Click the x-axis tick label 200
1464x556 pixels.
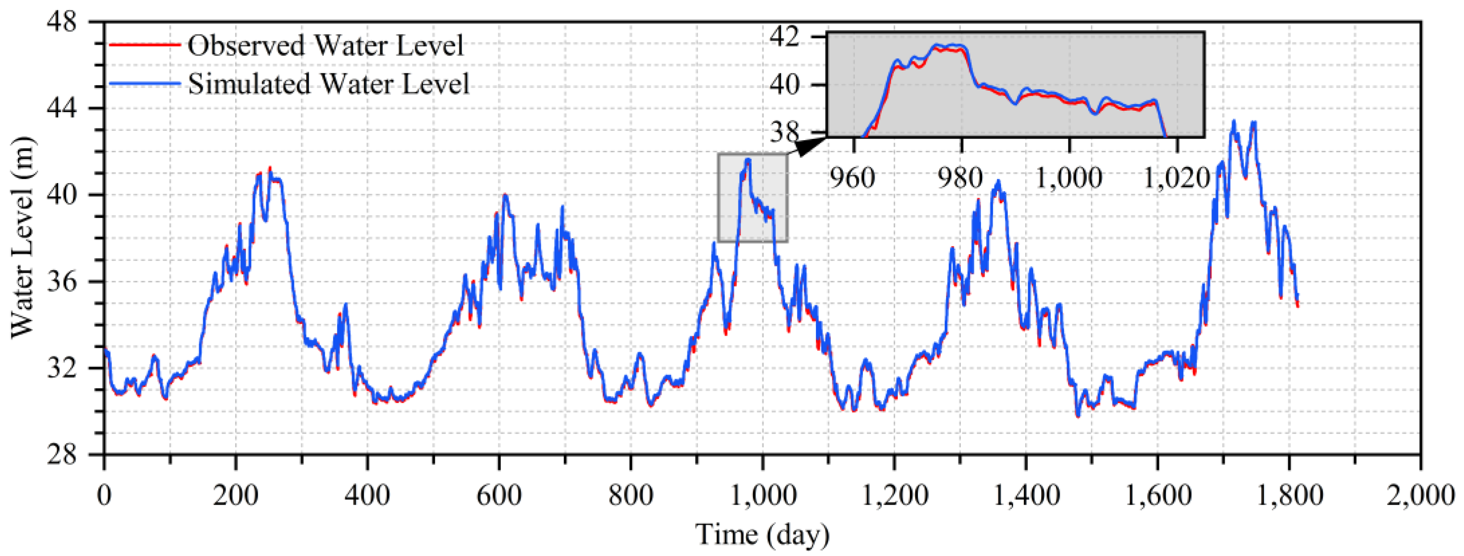[x=235, y=496]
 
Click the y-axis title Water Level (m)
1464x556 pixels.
[x=23, y=238]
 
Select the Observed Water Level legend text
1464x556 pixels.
[x=326, y=46]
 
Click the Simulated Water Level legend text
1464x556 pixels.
[x=328, y=84]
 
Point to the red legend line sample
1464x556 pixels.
[x=144, y=45]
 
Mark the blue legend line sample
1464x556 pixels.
[x=144, y=84]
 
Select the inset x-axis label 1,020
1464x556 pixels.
[x=1175, y=178]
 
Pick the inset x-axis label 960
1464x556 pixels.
[x=851, y=178]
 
